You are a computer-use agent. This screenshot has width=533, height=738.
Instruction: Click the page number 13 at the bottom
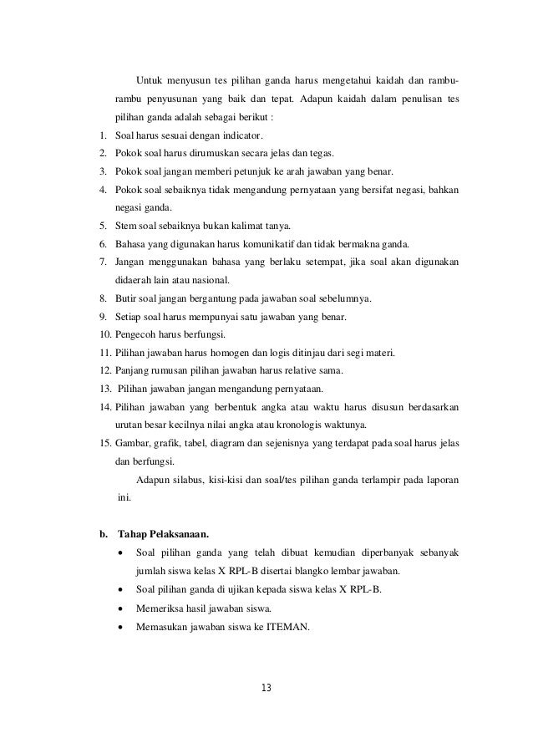[x=266, y=688]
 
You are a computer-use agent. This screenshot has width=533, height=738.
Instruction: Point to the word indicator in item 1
[x=243, y=135]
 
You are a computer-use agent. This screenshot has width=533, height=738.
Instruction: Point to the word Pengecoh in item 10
[x=132, y=335]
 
